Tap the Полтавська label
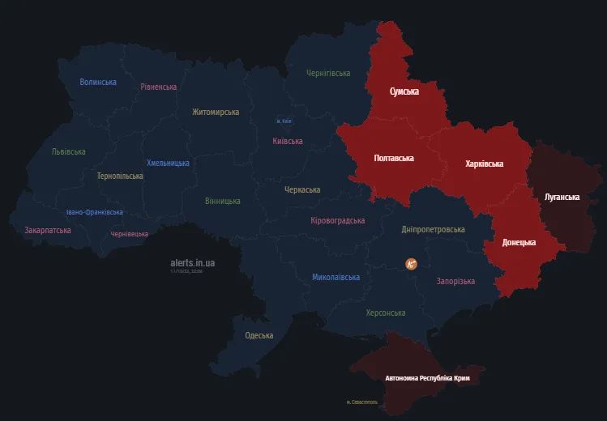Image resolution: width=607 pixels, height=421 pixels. click(394, 158)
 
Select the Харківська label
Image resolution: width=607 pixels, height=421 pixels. click(485, 164)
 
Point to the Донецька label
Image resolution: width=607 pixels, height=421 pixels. click(519, 242)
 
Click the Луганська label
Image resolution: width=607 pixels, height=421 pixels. click(562, 197)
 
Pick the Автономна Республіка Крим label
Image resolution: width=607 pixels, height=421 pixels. click(427, 378)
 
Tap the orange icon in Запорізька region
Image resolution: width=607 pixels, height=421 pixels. click(412, 263)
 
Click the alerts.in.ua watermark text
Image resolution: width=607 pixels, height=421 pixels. click(193, 263)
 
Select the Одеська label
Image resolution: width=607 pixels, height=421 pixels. click(259, 335)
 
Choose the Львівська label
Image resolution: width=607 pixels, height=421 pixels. click(68, 151)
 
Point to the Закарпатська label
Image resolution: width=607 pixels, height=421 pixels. click(48, 230)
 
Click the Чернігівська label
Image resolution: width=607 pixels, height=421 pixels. click(328, 73)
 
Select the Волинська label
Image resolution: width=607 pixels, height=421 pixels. click(98, 82)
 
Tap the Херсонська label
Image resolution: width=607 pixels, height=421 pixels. click(386, 313)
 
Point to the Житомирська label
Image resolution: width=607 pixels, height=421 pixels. click(216, 112)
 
